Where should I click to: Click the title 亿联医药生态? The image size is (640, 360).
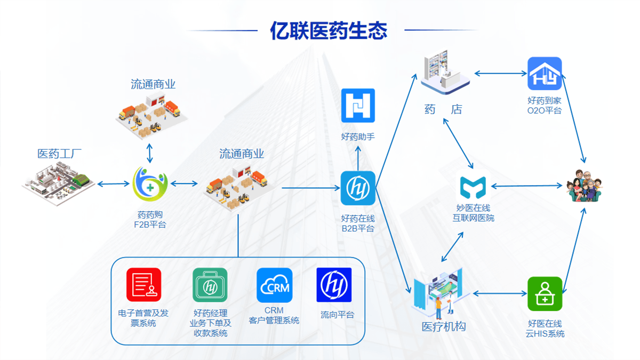[x=329, y=30]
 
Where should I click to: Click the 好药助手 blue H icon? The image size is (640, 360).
[x=358, y=106]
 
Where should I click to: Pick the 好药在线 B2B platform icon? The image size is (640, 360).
[x=358, y=188]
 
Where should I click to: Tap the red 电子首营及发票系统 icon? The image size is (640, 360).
[x=143, y=285]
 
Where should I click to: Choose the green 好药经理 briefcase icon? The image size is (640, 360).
[x=210, y=285]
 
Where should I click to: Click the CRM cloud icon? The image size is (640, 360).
[x=274, y=285]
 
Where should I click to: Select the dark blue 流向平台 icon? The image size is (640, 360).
[x=334, y=285]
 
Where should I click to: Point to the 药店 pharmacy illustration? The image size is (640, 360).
[x=444, y=72]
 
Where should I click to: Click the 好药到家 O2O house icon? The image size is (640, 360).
[x=545, y=74]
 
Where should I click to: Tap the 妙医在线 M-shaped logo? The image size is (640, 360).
[x=473, y=187]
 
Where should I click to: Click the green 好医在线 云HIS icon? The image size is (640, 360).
[x=545, y=294]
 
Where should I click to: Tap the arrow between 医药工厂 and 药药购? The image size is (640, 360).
[x=114, y=185]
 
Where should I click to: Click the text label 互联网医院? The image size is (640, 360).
[x=473, y=218]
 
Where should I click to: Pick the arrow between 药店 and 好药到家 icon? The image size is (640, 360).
[x=499, y=73]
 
